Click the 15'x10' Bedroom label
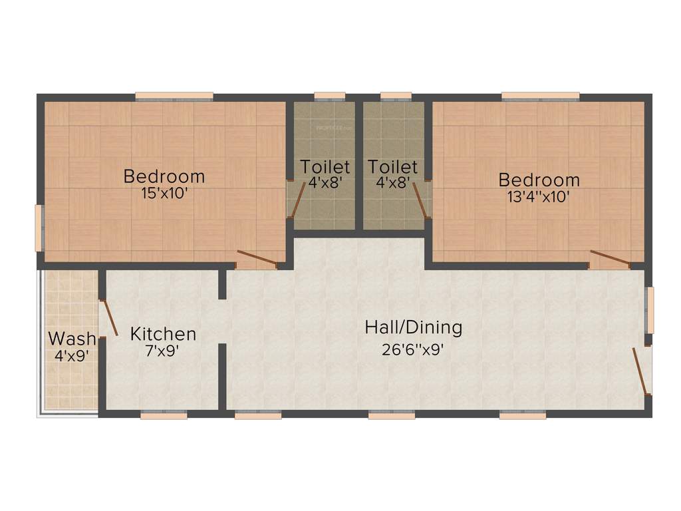coord(164,177)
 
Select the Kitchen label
coord(163,333)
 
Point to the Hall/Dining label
coord(413,327)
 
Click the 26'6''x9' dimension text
coord(412,349)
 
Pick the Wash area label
coord(71,339)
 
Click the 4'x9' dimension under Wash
coord(71,356)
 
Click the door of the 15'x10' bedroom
coord(257,258)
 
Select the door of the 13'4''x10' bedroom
coord(611,258)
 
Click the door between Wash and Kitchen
coord(108,318)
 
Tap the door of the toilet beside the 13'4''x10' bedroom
coord(420,200)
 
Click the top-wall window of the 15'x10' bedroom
coord(174,96)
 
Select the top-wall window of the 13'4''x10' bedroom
coord(540,96)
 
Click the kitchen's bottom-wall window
coord(164,415)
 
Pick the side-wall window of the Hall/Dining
coord(650,309)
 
